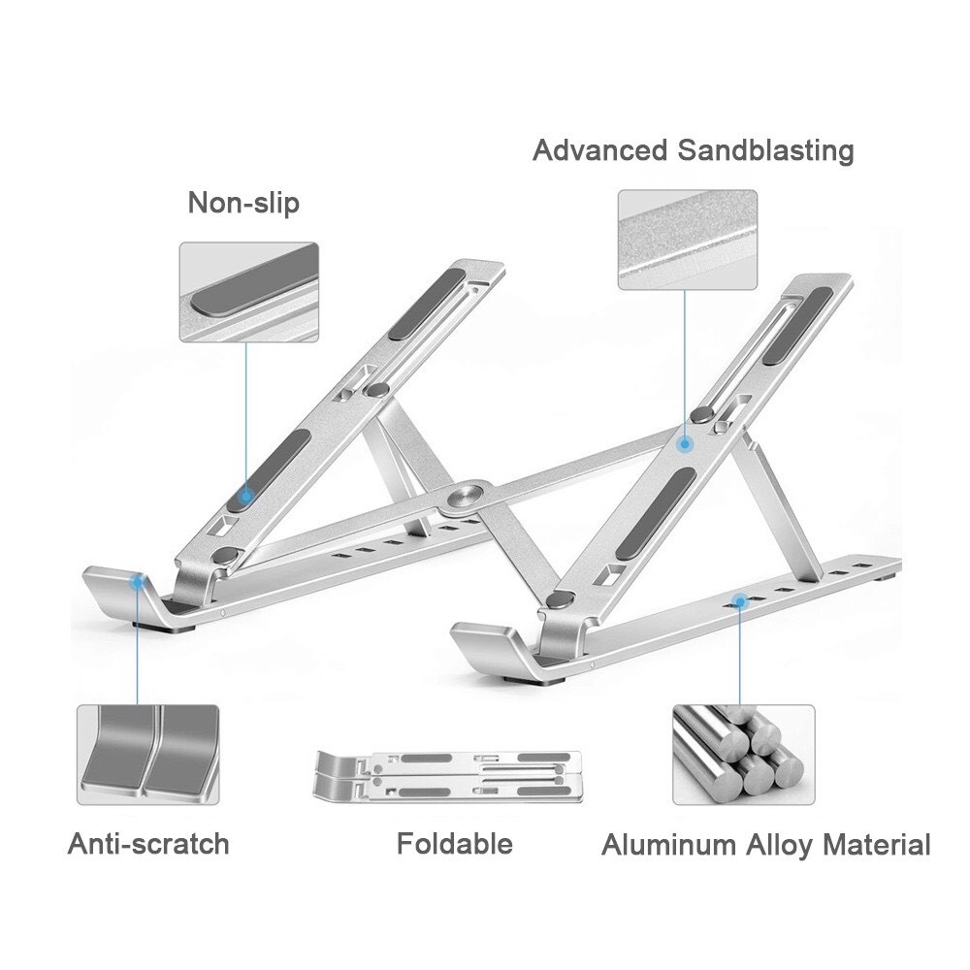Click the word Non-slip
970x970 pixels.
(x=243, y=204)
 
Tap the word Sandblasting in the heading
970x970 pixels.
(x=765, y=151)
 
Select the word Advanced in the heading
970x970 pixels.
(x=600, y=151)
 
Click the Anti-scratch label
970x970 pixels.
(x=148, y=843)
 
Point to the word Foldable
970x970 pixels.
(x=454, y=843)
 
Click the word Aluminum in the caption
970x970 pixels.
(x=670, y=844)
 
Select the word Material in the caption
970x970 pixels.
(x=877, y=844)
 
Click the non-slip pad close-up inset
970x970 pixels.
(x=248, y=291)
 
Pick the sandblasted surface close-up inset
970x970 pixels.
(x=687, y=240)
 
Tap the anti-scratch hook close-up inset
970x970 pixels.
(x=147, y=754)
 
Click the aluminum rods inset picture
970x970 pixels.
(x=743, y=754)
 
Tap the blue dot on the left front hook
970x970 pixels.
(x=138, y=581)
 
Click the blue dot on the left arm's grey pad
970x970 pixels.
(x=244, y=496)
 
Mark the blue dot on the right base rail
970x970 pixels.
(x=741, y=602)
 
